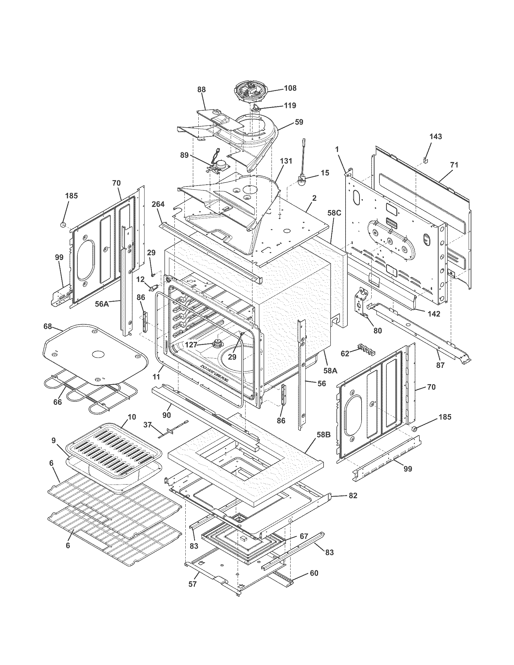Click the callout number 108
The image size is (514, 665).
(x=290, y=88)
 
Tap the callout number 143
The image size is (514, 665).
(x=435, y=136)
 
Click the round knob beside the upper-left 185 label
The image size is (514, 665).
(x=63, y=225)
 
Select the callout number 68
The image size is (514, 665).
(x=47, y=326)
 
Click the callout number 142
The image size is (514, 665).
(x=434, y=313)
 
